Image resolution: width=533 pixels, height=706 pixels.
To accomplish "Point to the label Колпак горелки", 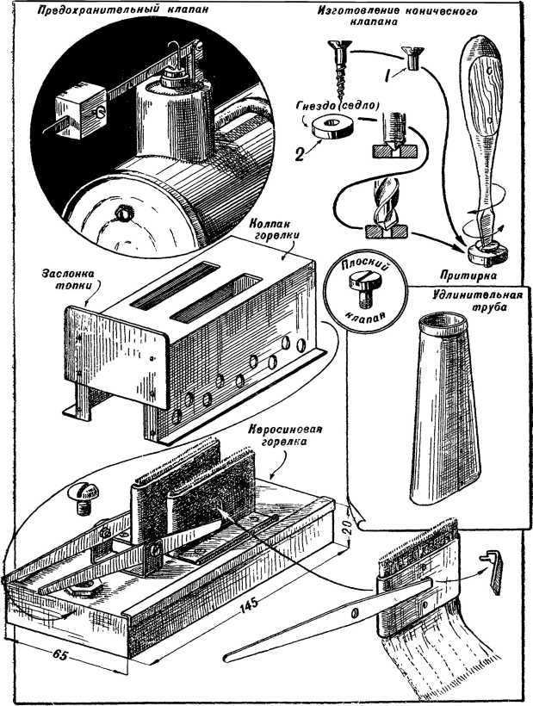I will pos(274,227).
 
